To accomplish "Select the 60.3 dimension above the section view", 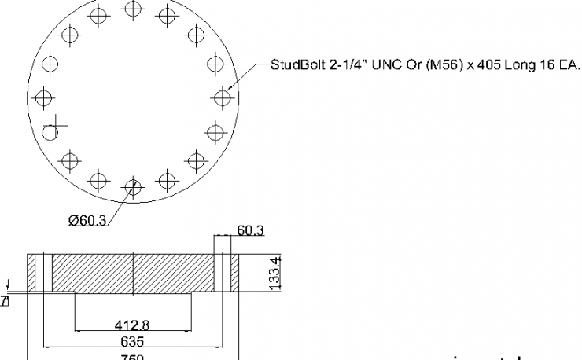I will pos(250,230).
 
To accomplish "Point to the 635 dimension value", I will pos(134,342).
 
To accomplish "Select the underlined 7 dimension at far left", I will pos(5,300).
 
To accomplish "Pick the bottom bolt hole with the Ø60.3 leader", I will pos(133,187).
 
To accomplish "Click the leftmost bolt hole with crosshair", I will pos(44,97).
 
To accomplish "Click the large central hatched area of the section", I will pos(134,272).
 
